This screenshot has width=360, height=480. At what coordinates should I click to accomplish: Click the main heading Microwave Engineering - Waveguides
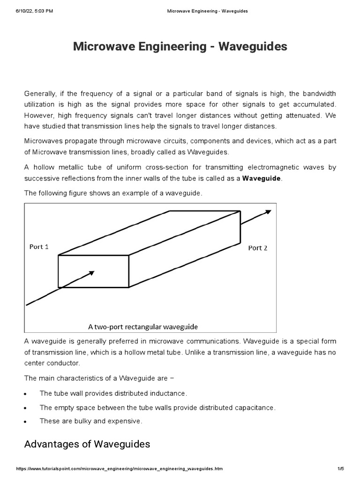pos(180,47)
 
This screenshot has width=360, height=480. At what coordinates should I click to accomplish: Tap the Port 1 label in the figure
pos(39,247)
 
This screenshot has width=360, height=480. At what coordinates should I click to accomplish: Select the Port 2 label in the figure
pos(257,248)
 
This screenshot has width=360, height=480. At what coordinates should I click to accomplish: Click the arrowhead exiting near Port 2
pos(268,212)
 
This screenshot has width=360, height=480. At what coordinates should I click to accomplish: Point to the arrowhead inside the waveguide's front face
pos(91,272)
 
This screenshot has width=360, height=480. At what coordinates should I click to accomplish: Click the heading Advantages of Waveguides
pos(87,444)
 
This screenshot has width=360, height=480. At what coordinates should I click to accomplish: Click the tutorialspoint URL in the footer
pos(120,469)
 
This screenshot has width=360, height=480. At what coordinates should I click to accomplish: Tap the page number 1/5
pos(340,469)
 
